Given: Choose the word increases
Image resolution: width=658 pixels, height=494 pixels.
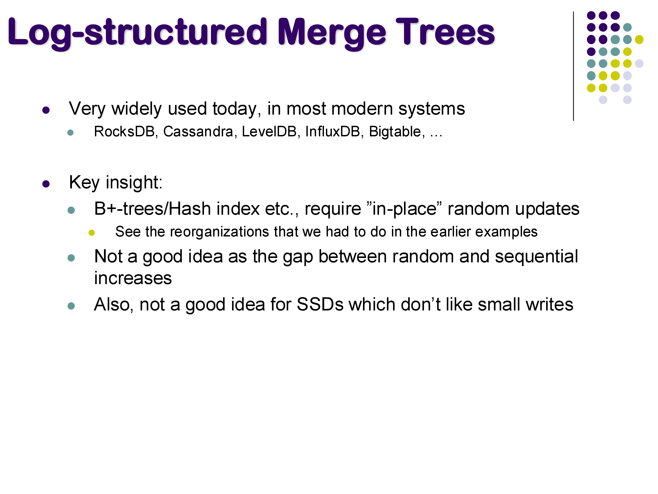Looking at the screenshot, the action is pyautogui.click(x=133, y=278).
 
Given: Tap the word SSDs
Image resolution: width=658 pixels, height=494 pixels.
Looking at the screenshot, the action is pyautogui.click(x=320, y=304).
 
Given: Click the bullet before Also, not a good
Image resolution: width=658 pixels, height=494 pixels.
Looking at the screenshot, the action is pyautogui.click(x=71, y=306).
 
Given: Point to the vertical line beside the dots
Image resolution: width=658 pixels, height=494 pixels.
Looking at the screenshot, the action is pyautogui.click(x=573, y=66).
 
